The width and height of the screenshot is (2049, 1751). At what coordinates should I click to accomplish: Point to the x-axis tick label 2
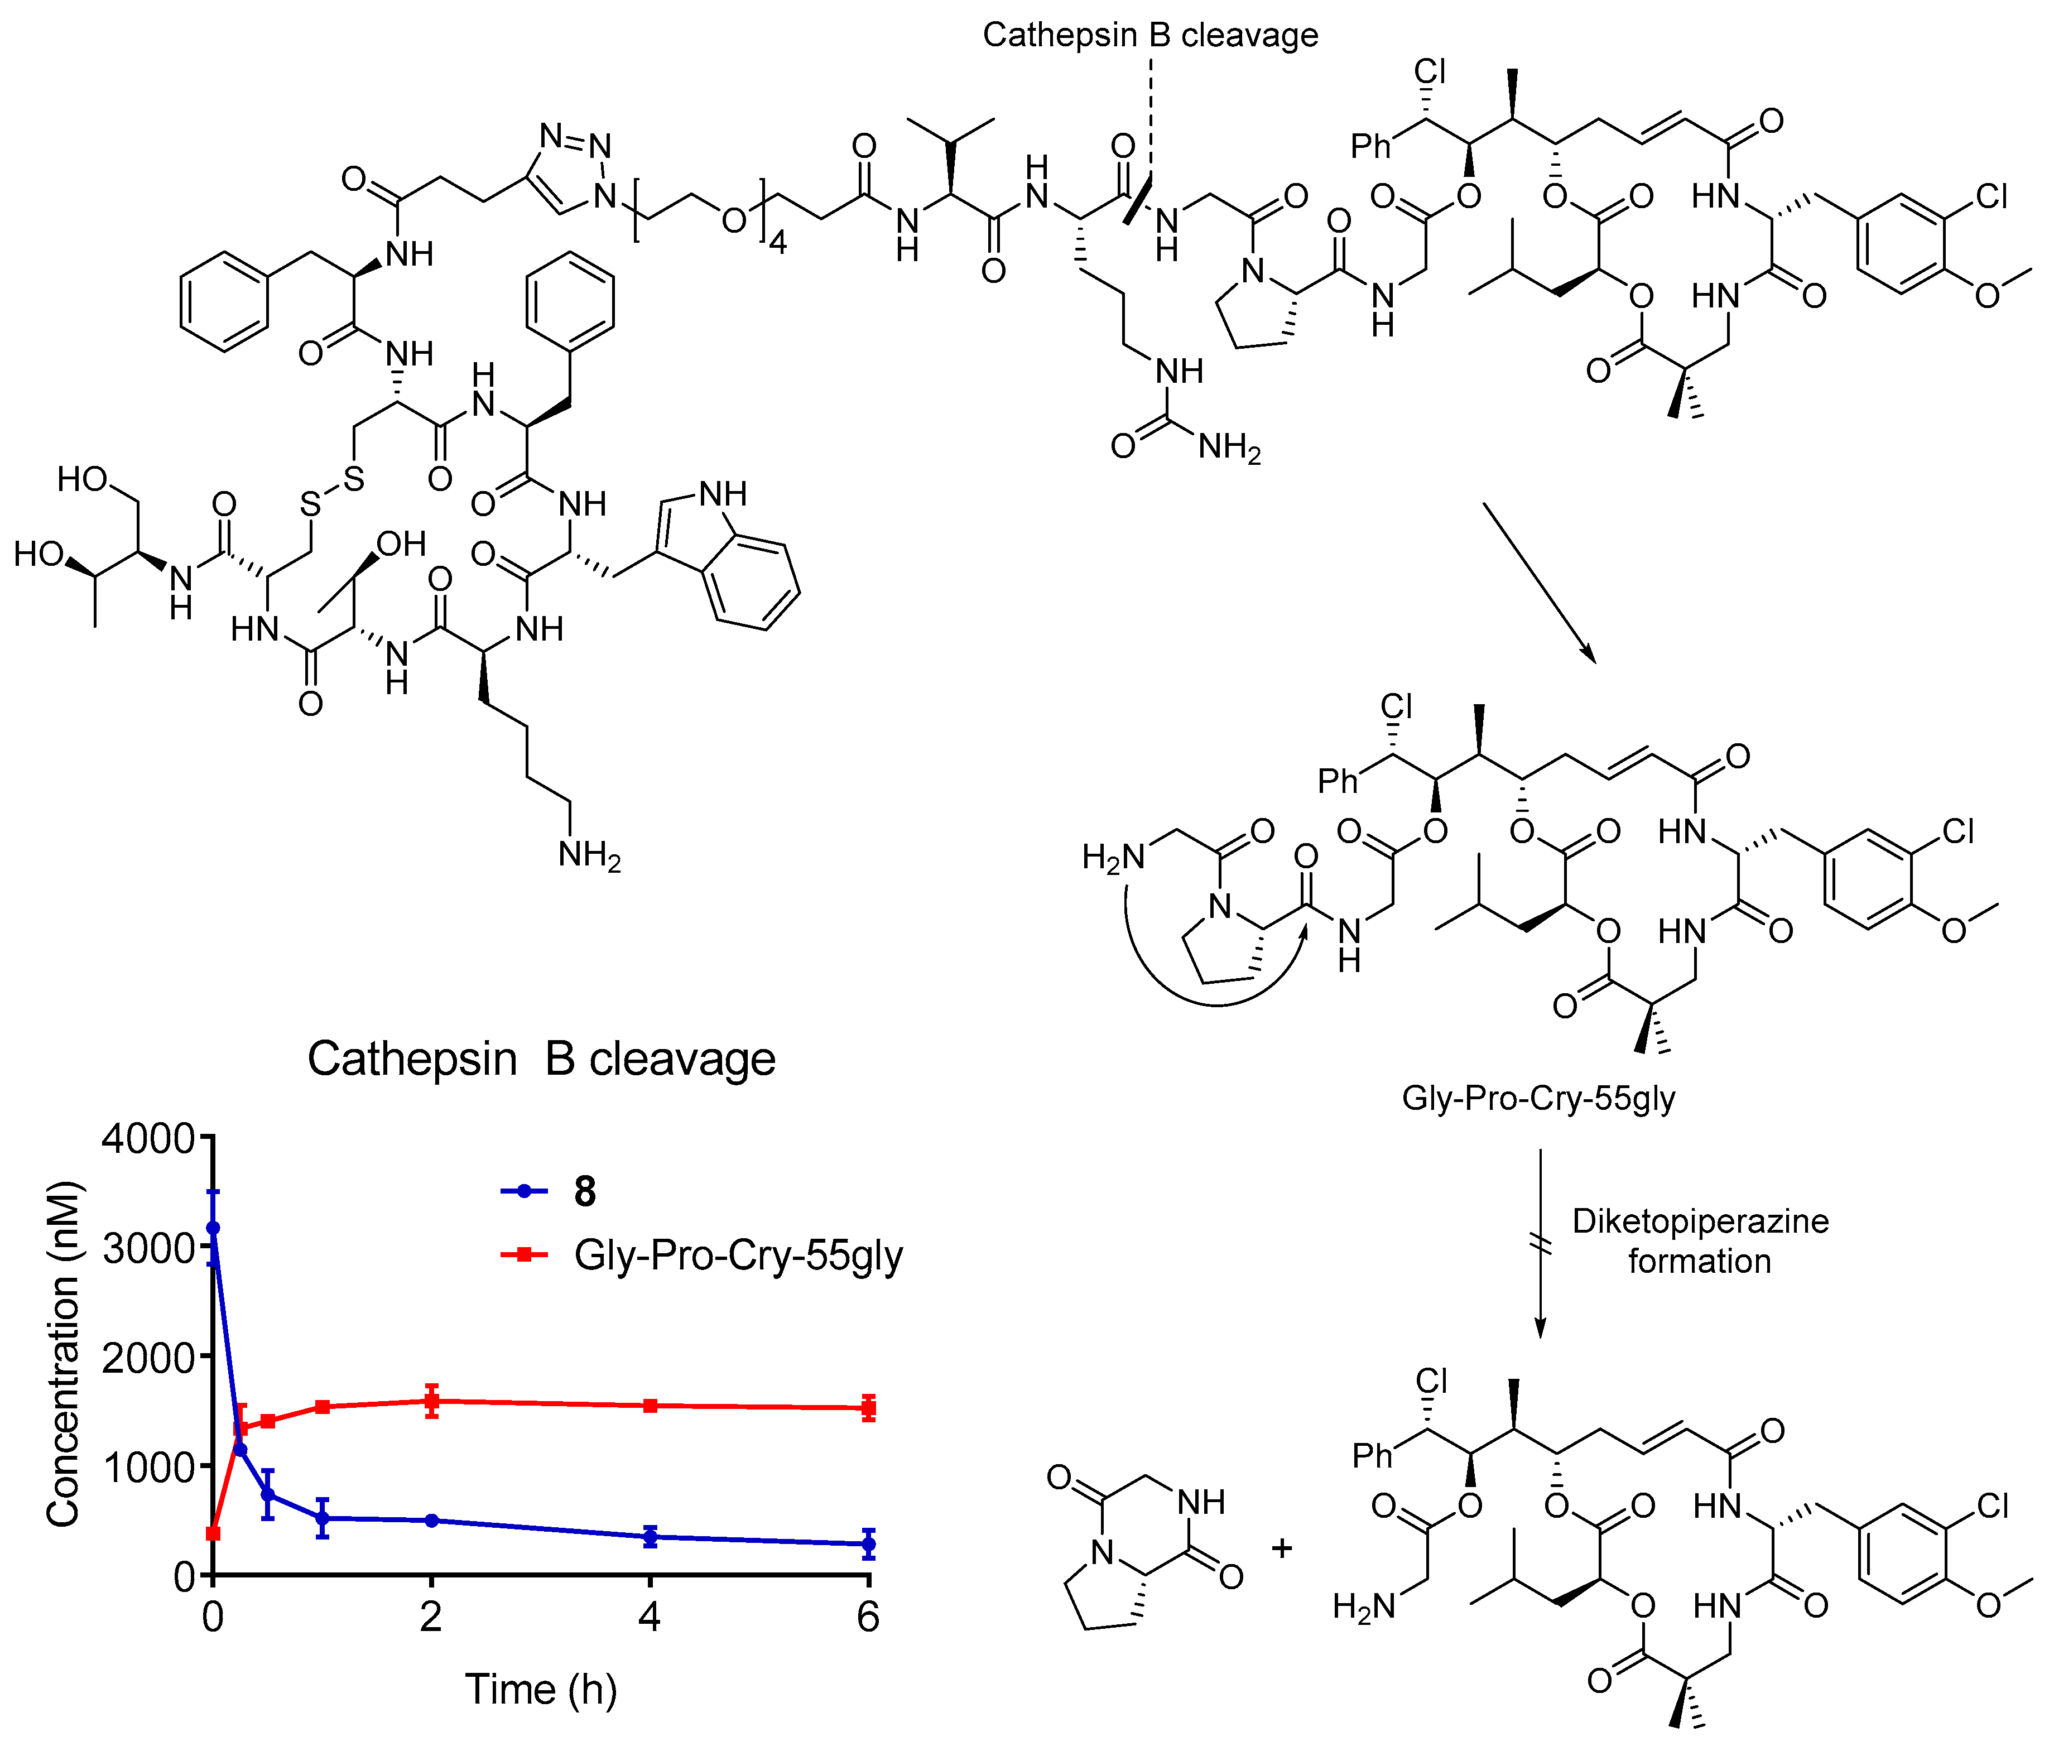430,1615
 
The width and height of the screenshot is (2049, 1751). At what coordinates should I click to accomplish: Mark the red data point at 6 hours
868,1408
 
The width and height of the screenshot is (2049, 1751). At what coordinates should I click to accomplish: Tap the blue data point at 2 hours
431,1519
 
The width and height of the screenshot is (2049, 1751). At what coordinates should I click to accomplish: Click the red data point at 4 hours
650,1405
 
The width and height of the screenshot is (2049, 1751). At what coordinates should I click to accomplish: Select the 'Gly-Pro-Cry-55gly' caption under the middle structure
1539,1099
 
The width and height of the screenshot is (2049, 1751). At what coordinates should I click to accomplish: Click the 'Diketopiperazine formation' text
1700,1241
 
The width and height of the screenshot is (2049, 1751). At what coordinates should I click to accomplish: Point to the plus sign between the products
1282,1547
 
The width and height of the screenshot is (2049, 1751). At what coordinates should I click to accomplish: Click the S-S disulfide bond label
332,492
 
